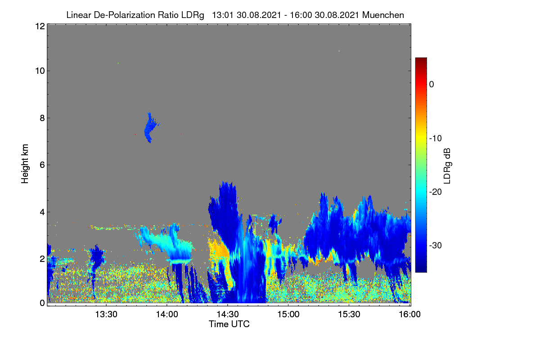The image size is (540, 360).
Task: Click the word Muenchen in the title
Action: (383, 15)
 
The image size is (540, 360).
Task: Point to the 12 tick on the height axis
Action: (40, 26)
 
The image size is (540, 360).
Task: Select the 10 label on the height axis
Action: (40, 71)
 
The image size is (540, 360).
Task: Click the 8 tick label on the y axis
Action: (42, 118)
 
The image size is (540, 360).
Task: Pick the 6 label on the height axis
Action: (42, 165)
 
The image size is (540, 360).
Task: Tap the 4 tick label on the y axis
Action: (42, 212)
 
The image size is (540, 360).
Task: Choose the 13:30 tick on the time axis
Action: (106, 315)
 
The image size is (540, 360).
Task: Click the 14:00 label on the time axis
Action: (167, 315)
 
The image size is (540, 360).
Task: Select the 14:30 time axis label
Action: (228, 315)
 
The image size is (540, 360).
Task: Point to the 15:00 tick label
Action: (288, 315)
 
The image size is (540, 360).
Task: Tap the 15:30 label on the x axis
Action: (349, 315)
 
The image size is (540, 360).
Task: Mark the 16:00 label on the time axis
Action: (409, 315)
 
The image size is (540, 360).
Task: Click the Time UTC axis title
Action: (229, 324)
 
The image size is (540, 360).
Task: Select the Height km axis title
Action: (25, 164)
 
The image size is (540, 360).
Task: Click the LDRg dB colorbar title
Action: (447, 166)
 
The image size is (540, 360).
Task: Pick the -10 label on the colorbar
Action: (436, 139)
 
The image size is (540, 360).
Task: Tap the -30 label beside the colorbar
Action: (436, 245)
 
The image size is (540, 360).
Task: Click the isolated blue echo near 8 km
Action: (150, 128)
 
